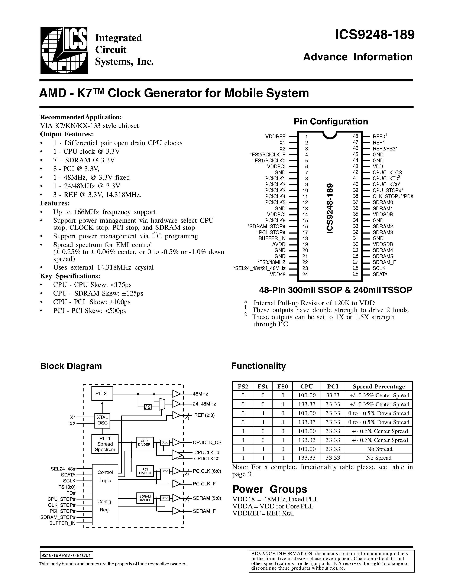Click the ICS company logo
(64, 50)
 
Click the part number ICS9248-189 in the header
(374, 35)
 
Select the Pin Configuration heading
(331, 121)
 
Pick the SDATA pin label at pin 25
(380, 274)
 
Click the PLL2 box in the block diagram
(102, 394)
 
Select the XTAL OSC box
(102, 420)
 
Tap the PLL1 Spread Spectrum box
(105, 444)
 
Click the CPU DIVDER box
(145, 442)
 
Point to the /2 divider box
(148, 407)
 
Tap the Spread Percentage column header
(379, 387)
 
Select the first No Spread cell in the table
(379, 449)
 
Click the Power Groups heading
(269, 489)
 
